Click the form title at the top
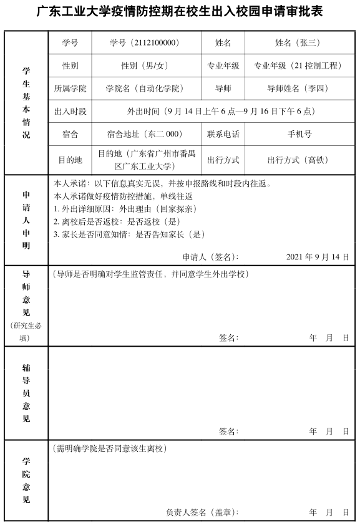[x=180, y=12]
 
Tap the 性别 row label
[x=70, y=65]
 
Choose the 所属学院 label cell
[x=70, y=89]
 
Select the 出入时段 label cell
[x=70, y=112]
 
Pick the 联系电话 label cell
[x=223, y=134]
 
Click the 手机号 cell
[x=299, y=134]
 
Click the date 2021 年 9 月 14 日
[x=318, y=256]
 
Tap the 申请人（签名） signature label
[x=210, y=256]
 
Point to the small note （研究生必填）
[x=26, y=332]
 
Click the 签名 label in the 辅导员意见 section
[x=228, y=431]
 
